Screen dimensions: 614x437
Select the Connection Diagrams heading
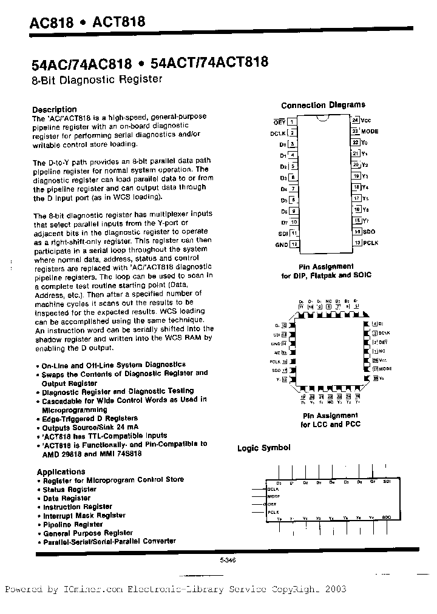[x=323, y=105]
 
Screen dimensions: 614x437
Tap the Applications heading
[x=61, y=471]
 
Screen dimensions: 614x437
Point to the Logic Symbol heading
[x=263, y=448]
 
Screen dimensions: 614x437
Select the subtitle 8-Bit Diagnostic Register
[x=97, y=79]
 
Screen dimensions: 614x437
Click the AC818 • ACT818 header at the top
[x=87, y=23]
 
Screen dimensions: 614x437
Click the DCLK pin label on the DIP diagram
[x=277, y=132]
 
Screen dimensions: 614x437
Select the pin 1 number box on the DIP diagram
[x=292, y=121]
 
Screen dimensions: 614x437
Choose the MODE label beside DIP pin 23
[x=371, y=132]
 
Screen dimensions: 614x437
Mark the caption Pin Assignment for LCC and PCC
[x=330, y=420]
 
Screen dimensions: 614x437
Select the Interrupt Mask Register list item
[x=84, y=515]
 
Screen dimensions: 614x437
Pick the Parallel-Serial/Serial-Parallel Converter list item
[x=109, y=541]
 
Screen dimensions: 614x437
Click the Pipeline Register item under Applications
[x=73, y=524]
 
